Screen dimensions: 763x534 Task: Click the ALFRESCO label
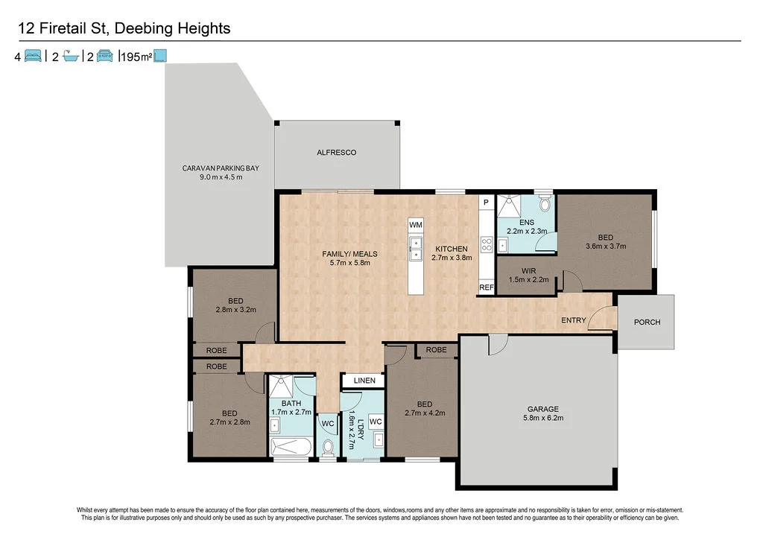click(336, 152)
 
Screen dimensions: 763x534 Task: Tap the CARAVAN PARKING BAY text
click(221, 168)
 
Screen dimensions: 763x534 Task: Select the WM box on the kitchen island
click(416, 225)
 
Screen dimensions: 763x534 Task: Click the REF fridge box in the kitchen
click(486, 287)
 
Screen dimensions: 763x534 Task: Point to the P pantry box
click(486, 203)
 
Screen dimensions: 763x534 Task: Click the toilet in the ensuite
click(545, 203)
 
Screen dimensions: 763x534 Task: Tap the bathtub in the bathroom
click(291, 447)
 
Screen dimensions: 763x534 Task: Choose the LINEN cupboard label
click(364, 381)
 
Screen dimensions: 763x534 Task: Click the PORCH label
click(648, 322)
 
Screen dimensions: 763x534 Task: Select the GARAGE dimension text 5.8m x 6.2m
click(543, 418)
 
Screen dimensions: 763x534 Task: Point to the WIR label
click(528, 271)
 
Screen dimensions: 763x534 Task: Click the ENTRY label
click(573, 320)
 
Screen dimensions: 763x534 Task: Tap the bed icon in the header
click(33, 56)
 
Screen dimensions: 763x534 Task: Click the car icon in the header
click(104, 56)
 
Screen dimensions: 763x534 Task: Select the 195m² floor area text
click(136, 57)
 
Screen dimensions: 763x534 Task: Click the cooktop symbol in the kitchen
click(487, 244)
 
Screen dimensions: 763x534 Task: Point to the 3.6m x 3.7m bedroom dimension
click(605, 246)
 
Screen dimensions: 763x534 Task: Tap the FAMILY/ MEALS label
click(349, 254)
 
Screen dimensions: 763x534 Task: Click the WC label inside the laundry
click(376, 422)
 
